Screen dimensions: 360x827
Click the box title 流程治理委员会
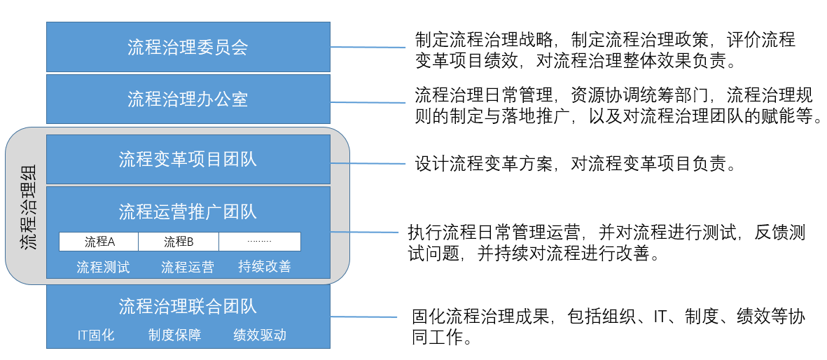[188, 47]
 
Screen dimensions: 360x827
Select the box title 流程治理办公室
[188, 99]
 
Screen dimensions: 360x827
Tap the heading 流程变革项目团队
[188, 159]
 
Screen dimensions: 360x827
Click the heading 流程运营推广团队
[188, 212]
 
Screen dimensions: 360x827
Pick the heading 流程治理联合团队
[188, 306]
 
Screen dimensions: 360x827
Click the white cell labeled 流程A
[99, 242]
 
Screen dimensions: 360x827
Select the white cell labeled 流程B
[179, 242]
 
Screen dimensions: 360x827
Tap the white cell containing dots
[260, 242]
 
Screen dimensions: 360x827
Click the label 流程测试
[103, 267]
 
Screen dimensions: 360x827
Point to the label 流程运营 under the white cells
[188, 267]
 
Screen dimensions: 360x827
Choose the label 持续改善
[265, 267]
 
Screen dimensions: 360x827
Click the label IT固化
[96, 335]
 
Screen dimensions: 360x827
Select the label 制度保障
[174, 335]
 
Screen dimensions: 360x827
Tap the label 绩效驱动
[260, 335]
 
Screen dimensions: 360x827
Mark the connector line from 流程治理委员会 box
[368, 48]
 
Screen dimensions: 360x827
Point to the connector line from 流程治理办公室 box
[368, 102]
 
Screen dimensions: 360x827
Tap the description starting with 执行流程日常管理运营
[606, 242]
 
